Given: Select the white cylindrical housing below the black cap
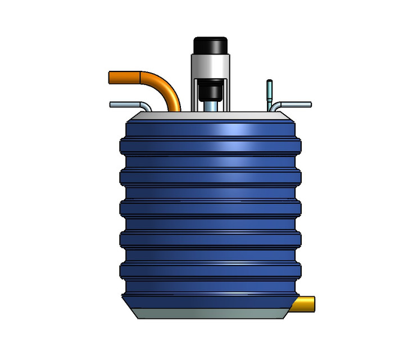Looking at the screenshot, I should (210, 66).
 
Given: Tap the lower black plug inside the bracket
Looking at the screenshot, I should (210, 90).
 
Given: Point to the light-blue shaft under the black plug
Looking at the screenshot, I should (210, 105).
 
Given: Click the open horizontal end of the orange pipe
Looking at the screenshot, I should (111, 77).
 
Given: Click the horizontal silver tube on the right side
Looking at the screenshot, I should (295, 105).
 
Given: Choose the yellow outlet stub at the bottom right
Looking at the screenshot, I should (306, 303).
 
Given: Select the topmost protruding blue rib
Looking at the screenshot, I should (210, 145).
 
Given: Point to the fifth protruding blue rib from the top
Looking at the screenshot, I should (210, 271).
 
